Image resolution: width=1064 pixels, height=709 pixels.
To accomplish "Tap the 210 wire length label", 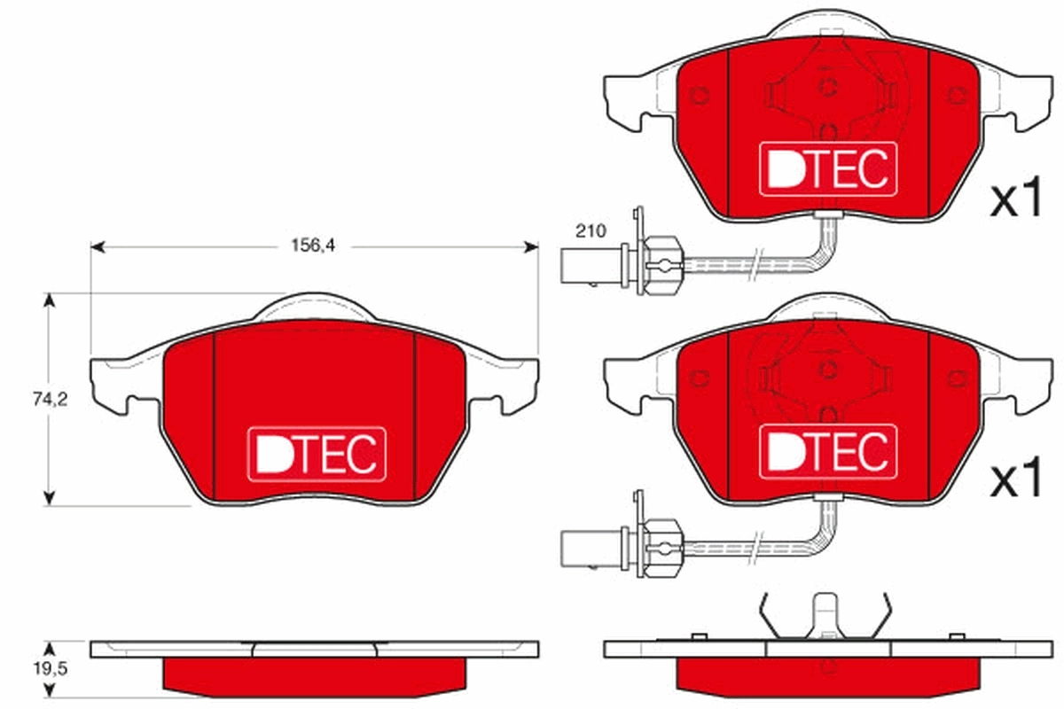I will (x=590, y=231).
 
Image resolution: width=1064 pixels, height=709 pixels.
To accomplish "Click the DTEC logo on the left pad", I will (x=316, y=455).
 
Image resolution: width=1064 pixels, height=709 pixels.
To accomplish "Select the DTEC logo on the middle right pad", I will (x=827, y=452).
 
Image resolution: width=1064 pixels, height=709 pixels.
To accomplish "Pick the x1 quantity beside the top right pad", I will (x=1015, y=201).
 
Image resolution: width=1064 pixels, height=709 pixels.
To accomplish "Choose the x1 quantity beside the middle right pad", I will (x=1015, y=481).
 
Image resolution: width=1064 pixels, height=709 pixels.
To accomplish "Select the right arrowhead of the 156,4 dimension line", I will (x=532, y=247).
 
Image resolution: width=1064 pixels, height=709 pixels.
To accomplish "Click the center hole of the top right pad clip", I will (x=828, y=86).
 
